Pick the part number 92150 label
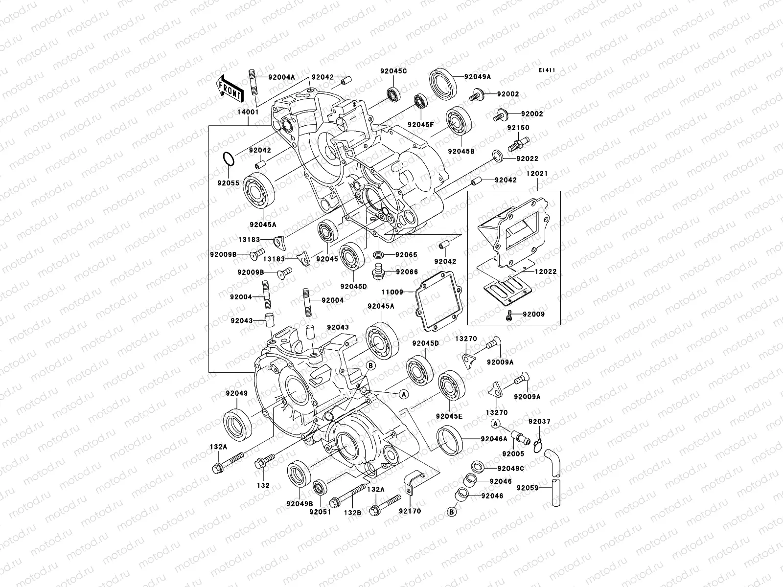[518, 128]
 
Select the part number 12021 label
[537, 174]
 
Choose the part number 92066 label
[407, 271]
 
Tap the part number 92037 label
[539, 422]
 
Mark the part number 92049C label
[510, 468]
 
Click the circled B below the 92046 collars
[451, 512]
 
